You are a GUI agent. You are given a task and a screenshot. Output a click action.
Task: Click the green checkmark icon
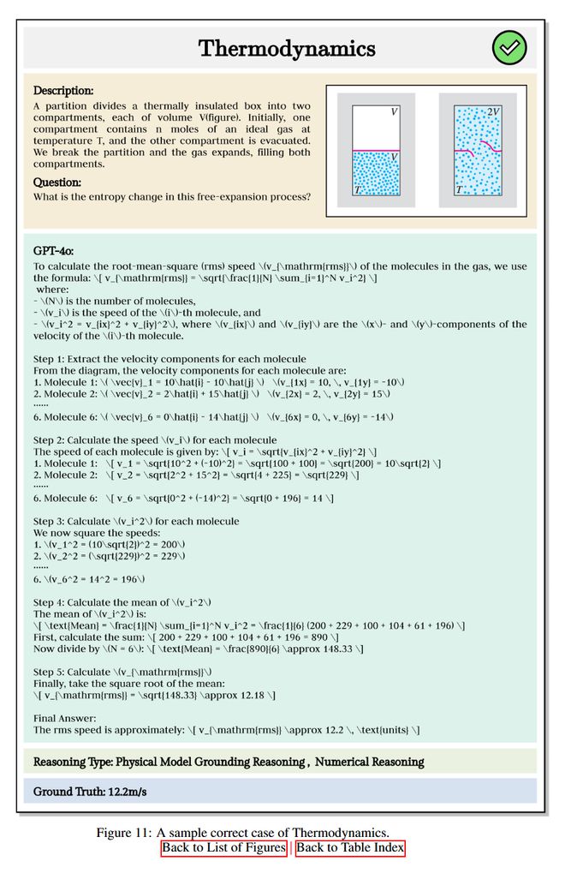(x=509, y=47)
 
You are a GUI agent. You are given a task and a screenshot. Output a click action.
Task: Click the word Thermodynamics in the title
(x=287, y=48)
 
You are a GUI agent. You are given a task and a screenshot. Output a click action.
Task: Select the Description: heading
(x=63, y=90)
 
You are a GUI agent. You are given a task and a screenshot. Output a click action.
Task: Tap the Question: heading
(x=57, y=182)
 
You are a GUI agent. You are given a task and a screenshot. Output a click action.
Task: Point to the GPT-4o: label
(x=53, y=251)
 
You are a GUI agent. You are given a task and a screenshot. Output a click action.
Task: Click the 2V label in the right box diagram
(x=493, y=112)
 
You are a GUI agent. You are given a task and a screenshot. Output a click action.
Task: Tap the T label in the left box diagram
(x=357, y=189)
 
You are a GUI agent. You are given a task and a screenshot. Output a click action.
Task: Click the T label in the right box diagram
(x=460, y=189)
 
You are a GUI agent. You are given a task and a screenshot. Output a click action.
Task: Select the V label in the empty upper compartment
(x=394, y=112)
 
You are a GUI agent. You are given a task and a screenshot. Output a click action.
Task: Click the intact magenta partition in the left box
(x=375, y=151)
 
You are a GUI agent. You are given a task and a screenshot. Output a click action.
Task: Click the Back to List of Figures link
(x=223, y=848)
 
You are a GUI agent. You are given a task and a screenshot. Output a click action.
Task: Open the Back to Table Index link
(x=349, y=848)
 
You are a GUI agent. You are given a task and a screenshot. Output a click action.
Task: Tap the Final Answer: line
(x=65, y=718)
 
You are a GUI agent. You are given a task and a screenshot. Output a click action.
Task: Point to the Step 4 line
(x=122, y=602)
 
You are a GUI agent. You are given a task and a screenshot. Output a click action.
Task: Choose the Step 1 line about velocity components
(x=169, y=358)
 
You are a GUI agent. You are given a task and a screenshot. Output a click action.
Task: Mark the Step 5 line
(x=124, y=671)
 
